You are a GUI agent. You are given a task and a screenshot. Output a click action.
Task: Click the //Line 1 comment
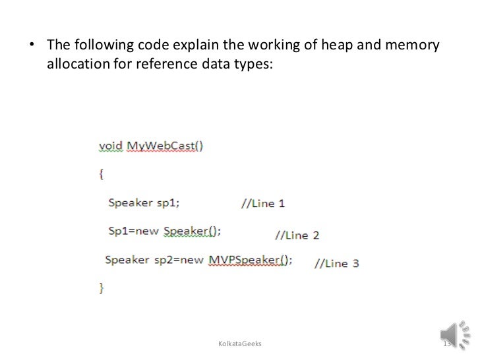(x=263, y=204)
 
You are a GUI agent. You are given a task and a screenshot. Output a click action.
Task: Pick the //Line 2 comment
(x=297, y=235)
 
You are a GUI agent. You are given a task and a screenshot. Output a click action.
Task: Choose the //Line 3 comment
(x=336, y=263)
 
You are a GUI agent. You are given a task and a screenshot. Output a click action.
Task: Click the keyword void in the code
(x=111, y=146)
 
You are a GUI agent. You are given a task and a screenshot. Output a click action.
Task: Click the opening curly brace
(x=102, y=174)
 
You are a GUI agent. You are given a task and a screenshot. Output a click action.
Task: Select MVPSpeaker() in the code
(x=250, y=259)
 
